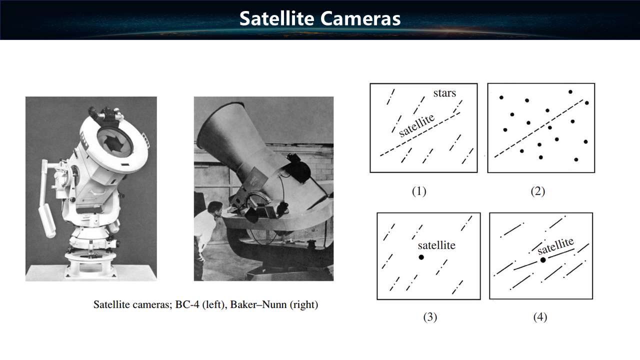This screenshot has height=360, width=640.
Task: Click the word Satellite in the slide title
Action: [x=276, y=18]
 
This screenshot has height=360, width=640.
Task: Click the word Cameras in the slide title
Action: [x=360, y=18]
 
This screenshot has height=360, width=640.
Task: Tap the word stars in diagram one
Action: [x=444, y=93]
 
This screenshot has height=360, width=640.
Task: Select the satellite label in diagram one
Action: [x=417, y=125]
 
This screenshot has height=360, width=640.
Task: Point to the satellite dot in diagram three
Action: [x=421, y=257]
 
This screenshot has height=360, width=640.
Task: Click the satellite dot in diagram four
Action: [x=543, y=260]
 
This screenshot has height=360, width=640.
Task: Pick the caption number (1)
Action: [x=419, y=191]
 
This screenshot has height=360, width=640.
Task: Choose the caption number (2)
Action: [x=537, y=191]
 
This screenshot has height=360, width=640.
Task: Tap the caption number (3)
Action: [x=430, y=317]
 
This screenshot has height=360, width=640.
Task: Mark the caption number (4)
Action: [x=540, y=317]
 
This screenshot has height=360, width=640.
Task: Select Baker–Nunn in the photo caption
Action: [x=258, y=304]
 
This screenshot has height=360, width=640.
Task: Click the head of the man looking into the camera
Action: [x=215, y=209]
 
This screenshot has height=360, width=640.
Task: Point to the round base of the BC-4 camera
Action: [x=91, y=265]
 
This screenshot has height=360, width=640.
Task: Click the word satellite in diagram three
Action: [x=436, y=245]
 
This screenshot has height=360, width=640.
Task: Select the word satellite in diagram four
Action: [x=555, y=246]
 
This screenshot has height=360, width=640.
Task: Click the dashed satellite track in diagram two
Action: [x=539, y=128]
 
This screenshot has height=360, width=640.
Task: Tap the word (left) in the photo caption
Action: [x=213, y=304]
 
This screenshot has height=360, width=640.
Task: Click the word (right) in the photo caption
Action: [x=304, y=304]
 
